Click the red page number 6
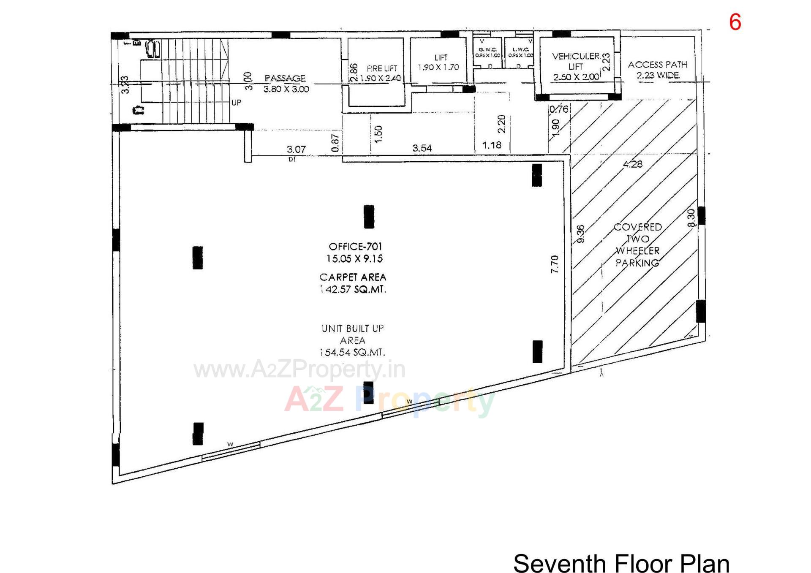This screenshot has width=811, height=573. tap(735, 22)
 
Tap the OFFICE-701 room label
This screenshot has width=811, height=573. tap(355, 247)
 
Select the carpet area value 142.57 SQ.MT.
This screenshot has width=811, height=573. tap(353, 290)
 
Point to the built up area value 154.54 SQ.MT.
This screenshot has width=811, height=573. tap(352, 352)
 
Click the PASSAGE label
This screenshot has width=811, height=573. tap(285, 79)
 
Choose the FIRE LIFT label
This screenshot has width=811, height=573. tap(382, 68)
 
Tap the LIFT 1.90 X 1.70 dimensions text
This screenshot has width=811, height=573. tap(438, 67)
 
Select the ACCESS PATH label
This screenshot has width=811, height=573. tap(657, 65)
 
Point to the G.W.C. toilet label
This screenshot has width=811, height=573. tap(487, 50)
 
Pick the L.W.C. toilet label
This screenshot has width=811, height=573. tap(520, 50)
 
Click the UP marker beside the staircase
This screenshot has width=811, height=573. tap(236, 103)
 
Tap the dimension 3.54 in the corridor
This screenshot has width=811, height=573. tap(422, 148)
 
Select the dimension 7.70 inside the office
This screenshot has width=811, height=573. tap(555, 264)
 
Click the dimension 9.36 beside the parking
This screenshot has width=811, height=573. tap(581, 234)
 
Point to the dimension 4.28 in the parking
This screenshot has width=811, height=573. tap(632, 164)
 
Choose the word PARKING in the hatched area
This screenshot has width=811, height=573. tap(637, 263)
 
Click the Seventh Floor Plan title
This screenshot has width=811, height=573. tap(621, 563)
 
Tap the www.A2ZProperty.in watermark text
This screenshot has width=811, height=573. tap(299, 369)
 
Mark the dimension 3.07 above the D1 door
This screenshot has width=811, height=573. tap(296, 149)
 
